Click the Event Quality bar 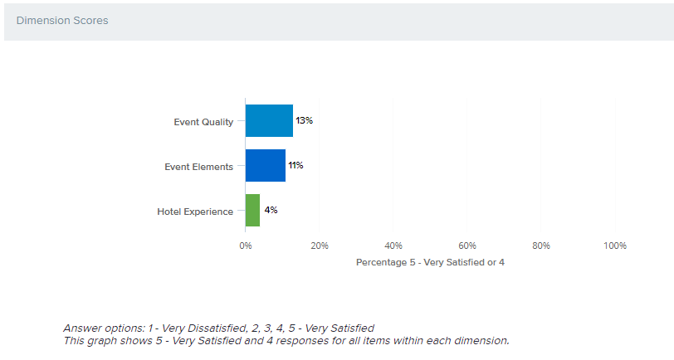coord(269,121)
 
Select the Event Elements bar coord(266,166)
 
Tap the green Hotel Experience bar coord(252,211)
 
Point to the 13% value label coord(304,121)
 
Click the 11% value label coord(295,166)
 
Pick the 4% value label coord(271,211)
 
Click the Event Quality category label coord(203,122)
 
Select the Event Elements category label coord(198,167)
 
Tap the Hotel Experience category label coord(195,212)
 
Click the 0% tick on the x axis coord(246,246)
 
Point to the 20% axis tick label coord(320,246)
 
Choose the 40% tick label coord(393,246)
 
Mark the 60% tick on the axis coord(467,246)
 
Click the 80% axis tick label coord(541,246)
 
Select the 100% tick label coord(614,246)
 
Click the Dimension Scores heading coord(62,21)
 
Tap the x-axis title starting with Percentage coord(430,262)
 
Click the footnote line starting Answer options coord(218,328)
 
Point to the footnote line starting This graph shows coord(286,340)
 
